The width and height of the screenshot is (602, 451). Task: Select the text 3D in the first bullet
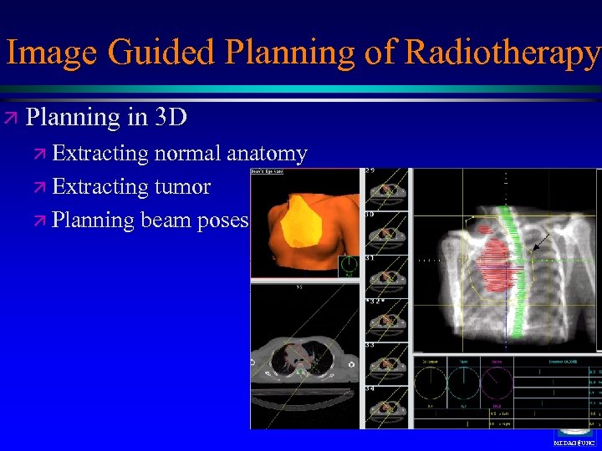(x=171, y=117)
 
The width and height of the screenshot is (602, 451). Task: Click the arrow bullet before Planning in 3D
(x=14, y=118)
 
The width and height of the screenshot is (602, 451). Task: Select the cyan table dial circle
(x=463, y=383)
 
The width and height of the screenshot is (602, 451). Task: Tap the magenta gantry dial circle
(x=498, y=383)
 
